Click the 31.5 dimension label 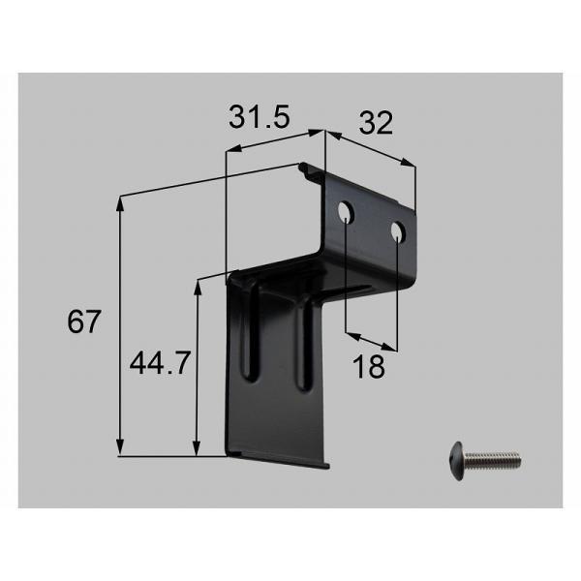[x=259, y=117]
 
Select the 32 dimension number [x=376, y=123]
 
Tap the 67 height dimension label [x=83, y=321]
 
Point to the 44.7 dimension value [x=160, y=363]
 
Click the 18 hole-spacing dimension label [x=369, y=366]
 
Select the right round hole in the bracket [x=398, y=232]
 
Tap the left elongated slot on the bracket [x=251, y=330]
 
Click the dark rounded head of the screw [x=458, y=461]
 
